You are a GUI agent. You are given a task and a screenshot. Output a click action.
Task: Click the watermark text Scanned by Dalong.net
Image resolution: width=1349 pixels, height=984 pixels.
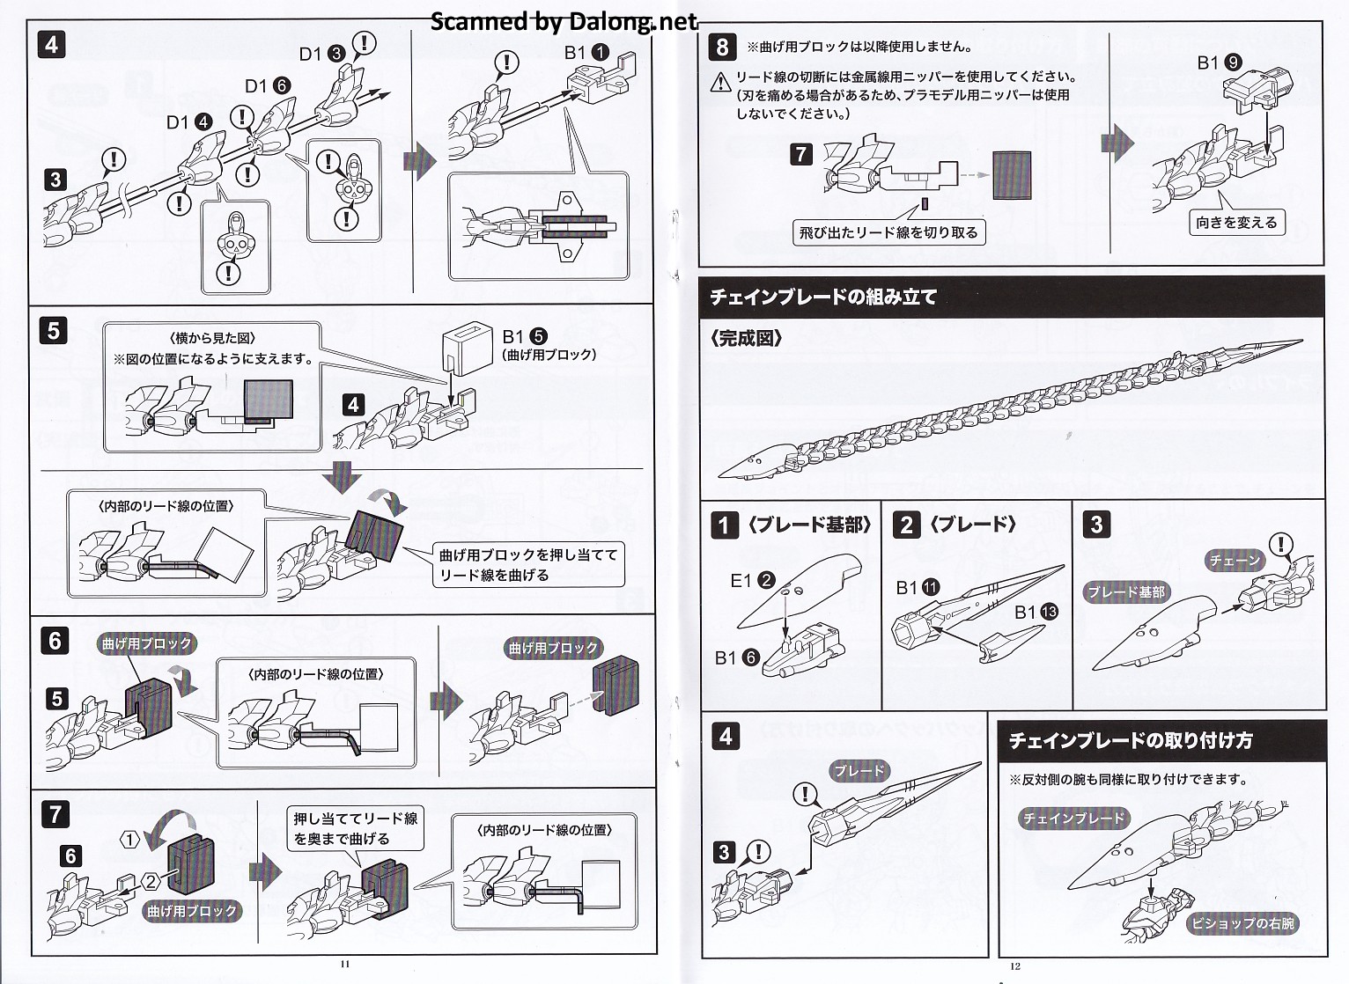tap(564, 21)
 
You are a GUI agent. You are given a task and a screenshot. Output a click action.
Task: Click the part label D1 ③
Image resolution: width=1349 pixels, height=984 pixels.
tap(322, 54)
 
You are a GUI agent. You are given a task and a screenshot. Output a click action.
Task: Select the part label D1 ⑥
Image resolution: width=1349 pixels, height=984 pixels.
tap(268, 86)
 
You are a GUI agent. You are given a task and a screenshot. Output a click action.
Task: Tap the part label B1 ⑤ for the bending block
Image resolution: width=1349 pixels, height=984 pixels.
tap(525, 336)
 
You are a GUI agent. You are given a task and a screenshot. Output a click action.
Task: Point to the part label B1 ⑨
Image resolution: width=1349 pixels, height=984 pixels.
tap(1220, 62)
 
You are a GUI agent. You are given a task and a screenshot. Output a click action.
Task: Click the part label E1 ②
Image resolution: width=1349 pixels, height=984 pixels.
tap(752, 580)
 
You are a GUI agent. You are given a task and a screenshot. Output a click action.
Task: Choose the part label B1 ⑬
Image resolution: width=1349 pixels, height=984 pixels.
tap(1036, 612)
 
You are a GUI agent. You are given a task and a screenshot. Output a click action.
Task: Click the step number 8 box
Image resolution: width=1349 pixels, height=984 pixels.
tap(723, 47)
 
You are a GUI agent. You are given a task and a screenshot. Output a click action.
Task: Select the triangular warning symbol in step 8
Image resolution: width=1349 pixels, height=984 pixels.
tap(722, 79)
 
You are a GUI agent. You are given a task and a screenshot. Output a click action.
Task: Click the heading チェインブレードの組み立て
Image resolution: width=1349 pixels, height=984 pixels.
tap(823, 297)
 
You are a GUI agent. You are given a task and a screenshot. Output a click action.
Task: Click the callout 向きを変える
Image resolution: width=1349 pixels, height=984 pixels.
tap(1236, 223)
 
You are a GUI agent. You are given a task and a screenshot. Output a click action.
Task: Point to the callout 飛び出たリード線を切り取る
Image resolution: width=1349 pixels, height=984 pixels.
tap(888, 232)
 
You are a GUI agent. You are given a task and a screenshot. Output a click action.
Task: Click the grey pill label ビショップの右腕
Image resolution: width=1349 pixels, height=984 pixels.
tap(1243, 923)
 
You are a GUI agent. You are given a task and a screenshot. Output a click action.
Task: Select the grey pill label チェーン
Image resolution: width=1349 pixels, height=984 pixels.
tap(1235, 560)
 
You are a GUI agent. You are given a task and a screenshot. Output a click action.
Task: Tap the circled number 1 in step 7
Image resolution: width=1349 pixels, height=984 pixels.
tap(129, 840)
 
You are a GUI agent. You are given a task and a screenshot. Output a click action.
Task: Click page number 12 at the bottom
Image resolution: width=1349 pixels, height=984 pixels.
tap(1015, 966)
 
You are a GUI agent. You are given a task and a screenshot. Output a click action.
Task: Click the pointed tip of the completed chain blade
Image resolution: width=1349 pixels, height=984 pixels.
tap(1297, 343)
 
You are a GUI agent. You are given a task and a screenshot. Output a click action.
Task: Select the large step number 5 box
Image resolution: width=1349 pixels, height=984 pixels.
tap(53, 330)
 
